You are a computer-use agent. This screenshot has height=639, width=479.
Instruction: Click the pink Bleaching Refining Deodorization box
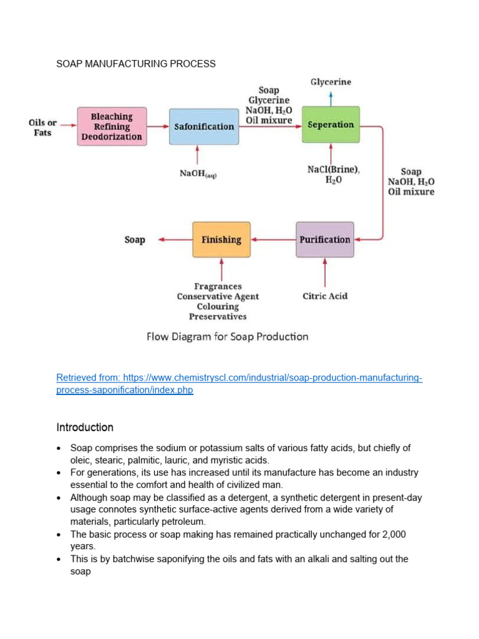pyautogui.click(x=112, y=126)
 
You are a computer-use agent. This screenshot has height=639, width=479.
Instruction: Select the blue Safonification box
pyautogui.click(x=204, y=126)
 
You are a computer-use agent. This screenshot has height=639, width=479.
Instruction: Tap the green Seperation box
pyautogui.click(x=331, y=125)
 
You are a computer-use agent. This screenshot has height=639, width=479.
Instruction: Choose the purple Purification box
pyautogui.click(x=324, y=240)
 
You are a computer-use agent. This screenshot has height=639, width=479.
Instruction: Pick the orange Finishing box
pyautogui.click(x=221, y=240)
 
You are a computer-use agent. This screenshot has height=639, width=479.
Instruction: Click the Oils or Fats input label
pyautogui.click(x=43, y=127)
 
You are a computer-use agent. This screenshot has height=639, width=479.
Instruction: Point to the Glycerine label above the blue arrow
pyautogui.click(x=331, y=82)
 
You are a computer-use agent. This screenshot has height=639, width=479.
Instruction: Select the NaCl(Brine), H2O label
pyautogui.click(x=334, y=174)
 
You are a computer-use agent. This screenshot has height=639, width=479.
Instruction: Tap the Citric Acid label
pyautogui.click(x=325, y=296)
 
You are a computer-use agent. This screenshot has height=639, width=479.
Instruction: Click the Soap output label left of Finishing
pyautogui.click(x=135, y=240)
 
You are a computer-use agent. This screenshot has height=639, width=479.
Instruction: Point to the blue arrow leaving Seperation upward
pyautogui.click(x=331, y=97)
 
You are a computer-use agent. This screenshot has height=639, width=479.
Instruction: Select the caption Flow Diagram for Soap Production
pyautogui.click(x=227, y=336)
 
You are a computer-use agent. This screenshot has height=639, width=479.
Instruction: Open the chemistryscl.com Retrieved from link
pyautogui.click(x=239, y=384)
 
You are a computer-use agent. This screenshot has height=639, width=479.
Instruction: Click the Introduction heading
pyautogui.click(x=85, y=427)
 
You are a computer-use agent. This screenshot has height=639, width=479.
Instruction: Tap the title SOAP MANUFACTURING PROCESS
pyautogui.click(x=136, y=64)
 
